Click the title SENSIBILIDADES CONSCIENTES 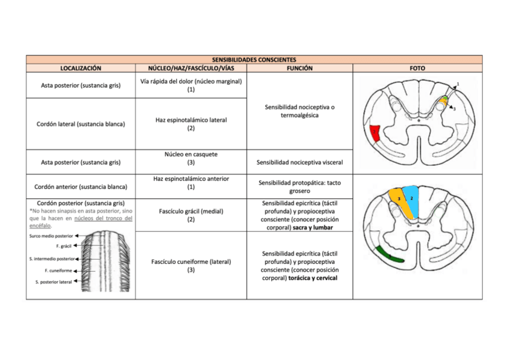(x=254, y=60)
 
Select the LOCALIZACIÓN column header (x=81, y=69)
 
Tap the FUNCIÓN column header (x=300, y=69)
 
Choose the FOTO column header (x=417, y=69)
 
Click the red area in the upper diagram (x=375, y=133)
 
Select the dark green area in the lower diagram (x=388, y=255)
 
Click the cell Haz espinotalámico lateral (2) (x=191, y=124)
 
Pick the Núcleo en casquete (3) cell (x=191, y=158)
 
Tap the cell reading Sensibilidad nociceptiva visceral (x=300, y=162)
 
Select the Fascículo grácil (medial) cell (x=191, y=215)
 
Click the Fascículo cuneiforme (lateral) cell (x=191, y=266)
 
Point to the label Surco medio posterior (x=51, y=236)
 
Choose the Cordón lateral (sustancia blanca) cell (x=81, y=124)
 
